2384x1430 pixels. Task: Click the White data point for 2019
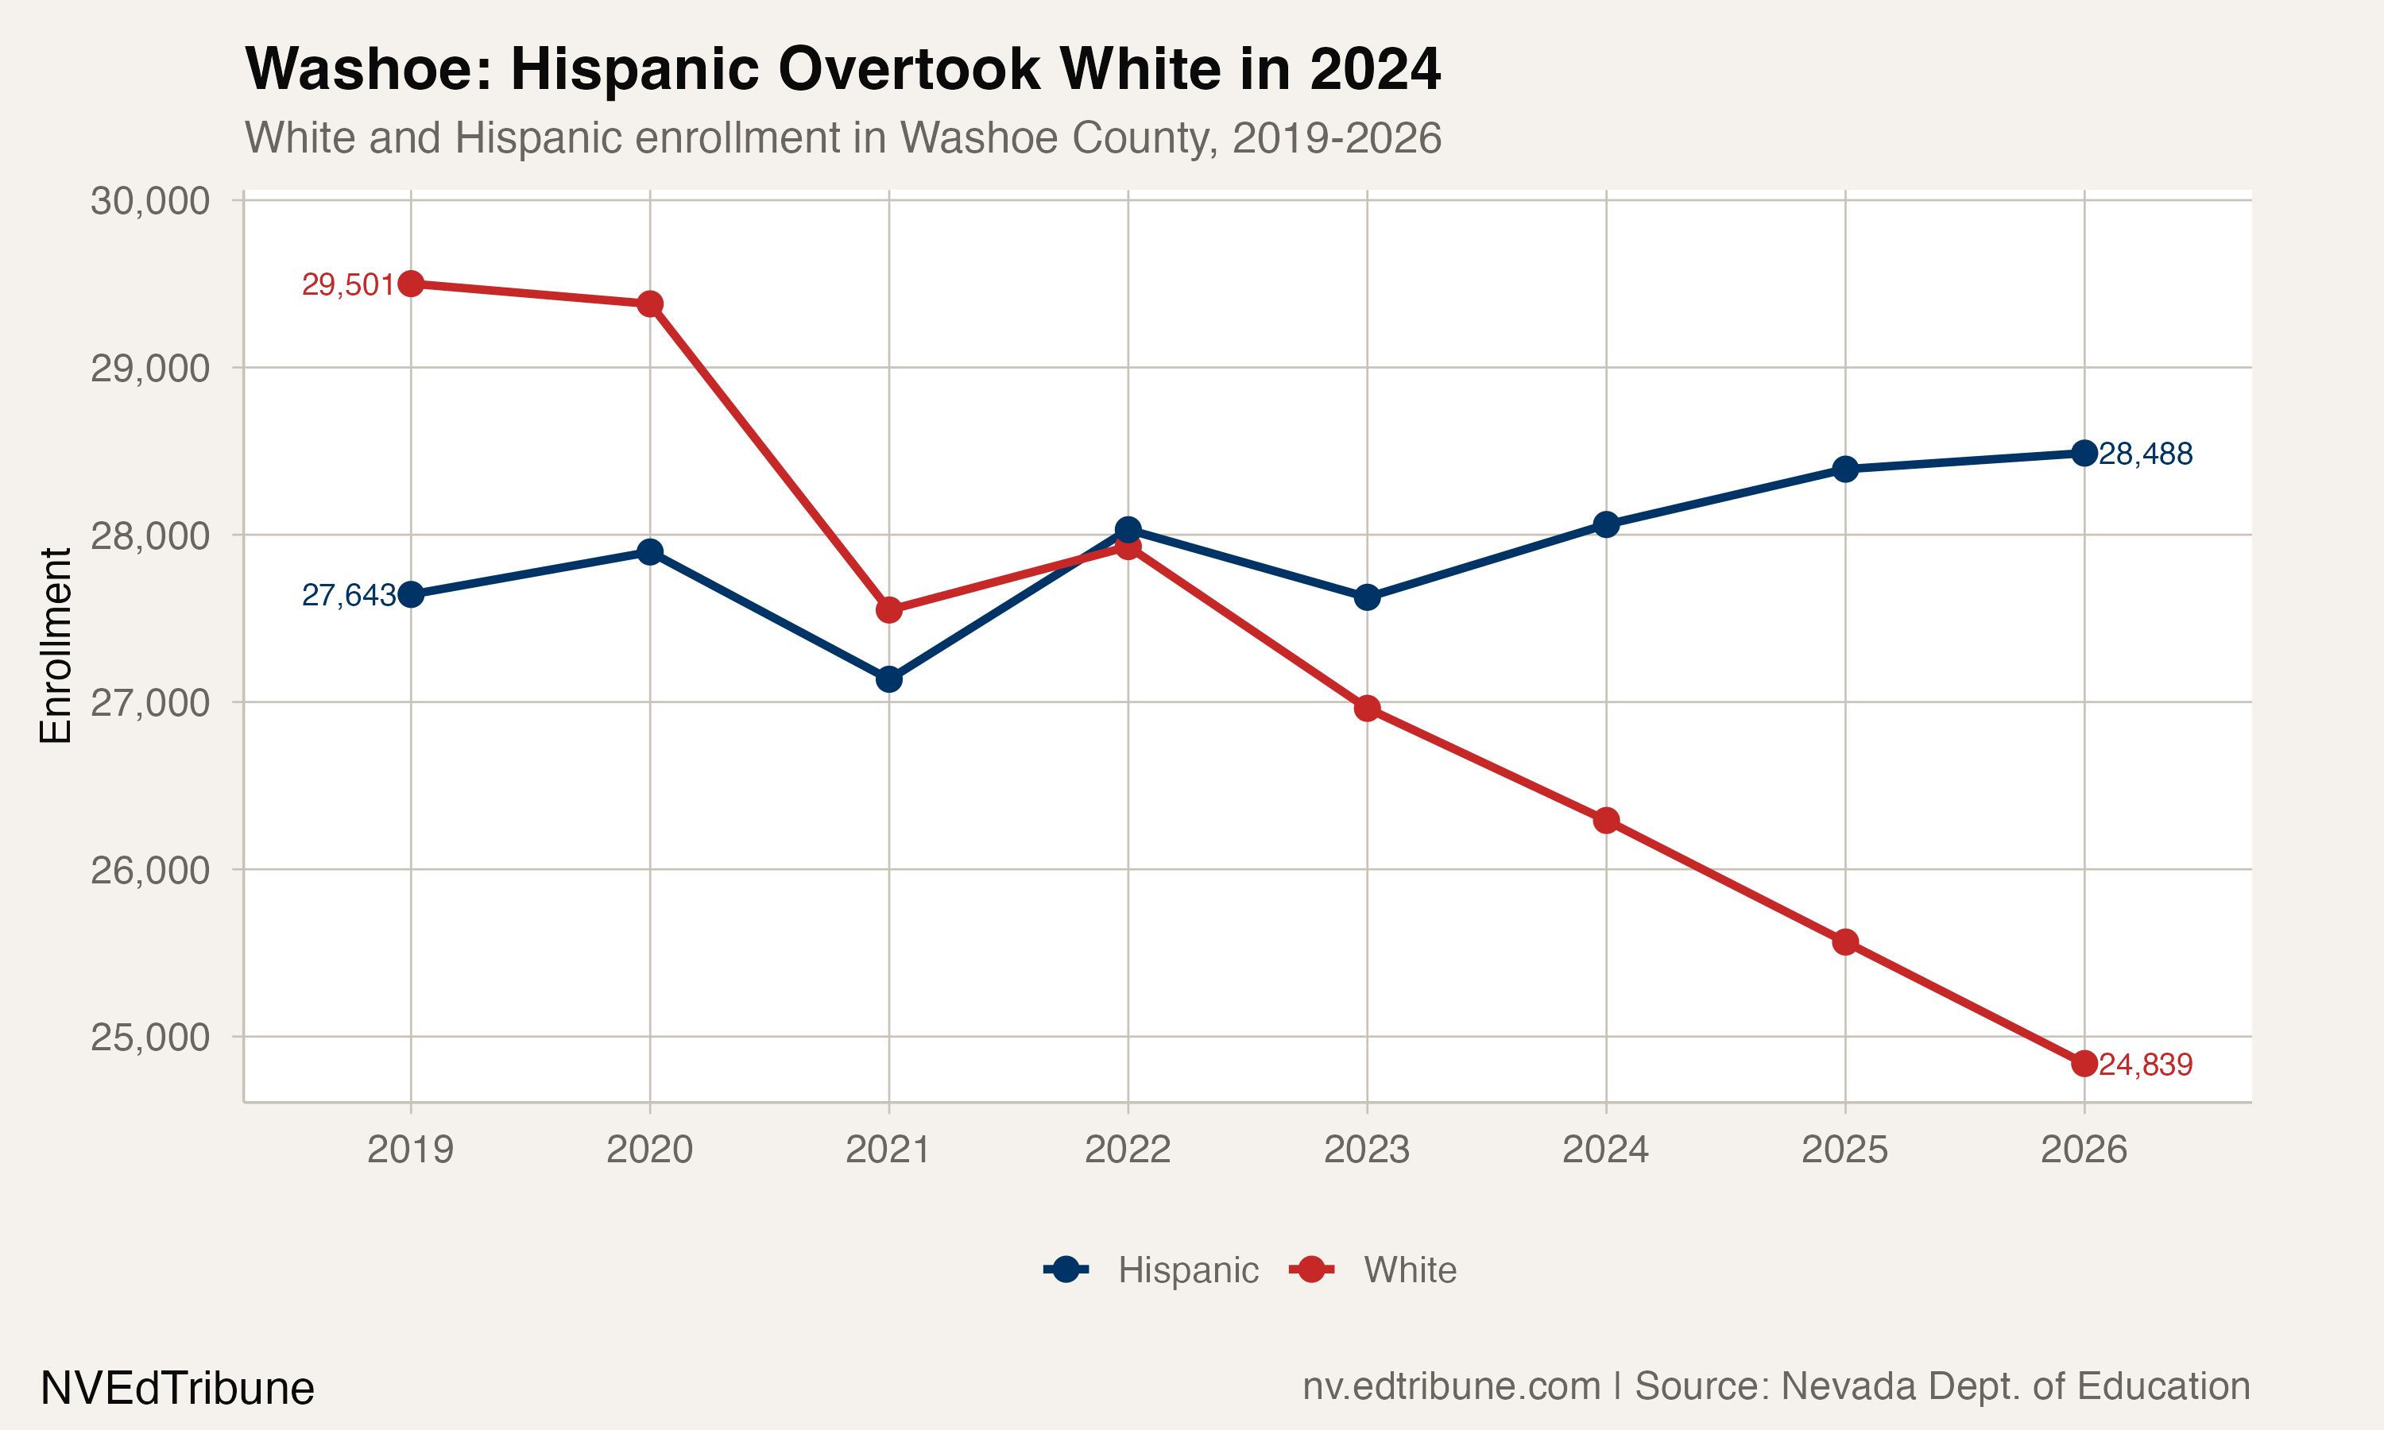(x=411, y=284)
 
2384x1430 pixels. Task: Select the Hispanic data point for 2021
(x=888, y=679)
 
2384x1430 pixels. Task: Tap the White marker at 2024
(x=1605, y=821)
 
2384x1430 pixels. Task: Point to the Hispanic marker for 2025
(x=1844, y=470)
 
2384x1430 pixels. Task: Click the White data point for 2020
(x=649, y=303)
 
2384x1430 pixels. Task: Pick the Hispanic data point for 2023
(x=1366, y=597)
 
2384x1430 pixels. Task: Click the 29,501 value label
(x=347, y=285)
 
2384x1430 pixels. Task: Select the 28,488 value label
(x=2145, y=454)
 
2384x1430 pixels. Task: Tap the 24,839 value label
(x=2145, y=1065)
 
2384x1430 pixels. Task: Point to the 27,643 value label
(x=347, y=596)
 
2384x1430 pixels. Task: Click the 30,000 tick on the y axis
(x=149, y=202)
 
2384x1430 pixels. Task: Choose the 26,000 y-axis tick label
(x=149, y=870)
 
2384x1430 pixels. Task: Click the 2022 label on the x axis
(x=1128, y=1150)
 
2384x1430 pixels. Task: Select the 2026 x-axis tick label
(x=2084, y=1150)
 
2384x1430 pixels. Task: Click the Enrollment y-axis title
(x=56, y=646)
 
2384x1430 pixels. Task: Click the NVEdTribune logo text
(x=177, y=1389)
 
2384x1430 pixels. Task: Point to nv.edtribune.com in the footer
(x=1450, y=1386)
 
